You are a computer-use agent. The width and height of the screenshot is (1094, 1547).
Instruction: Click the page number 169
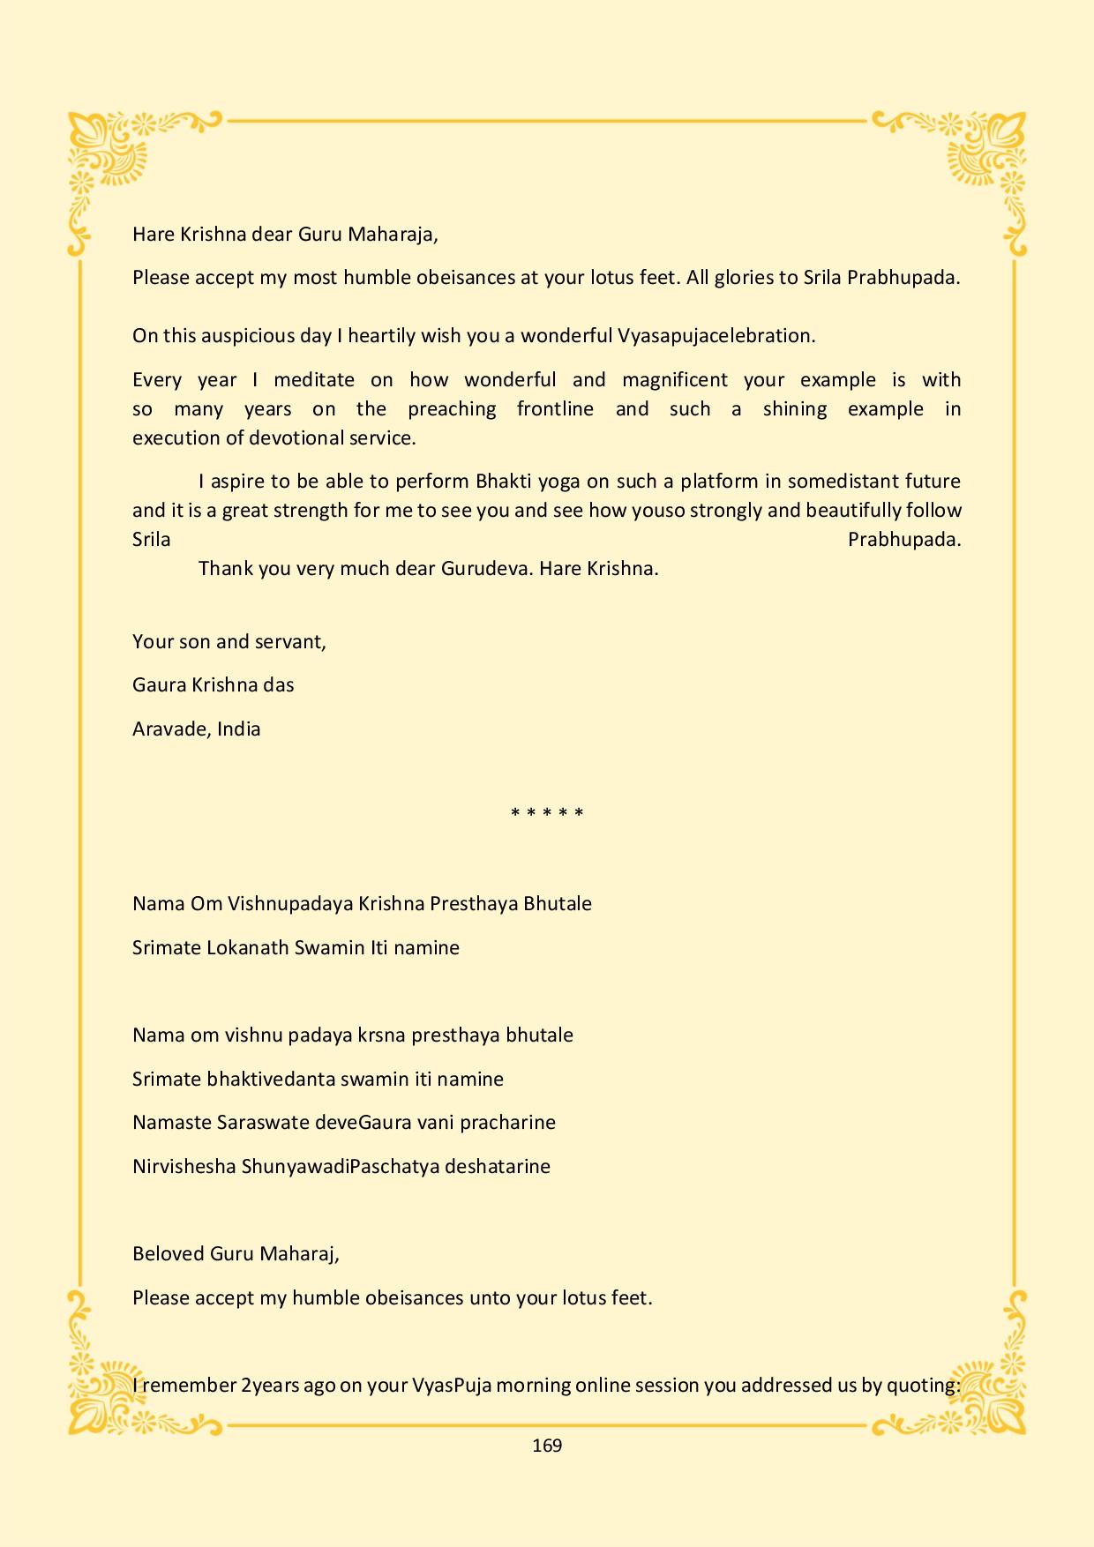(547, 1445)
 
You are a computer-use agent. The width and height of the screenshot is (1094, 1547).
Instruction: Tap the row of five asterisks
(547, 813)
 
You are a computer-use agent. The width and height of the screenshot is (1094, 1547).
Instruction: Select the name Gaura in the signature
(159, 685)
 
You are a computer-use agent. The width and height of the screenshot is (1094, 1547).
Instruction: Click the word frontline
(555, 409)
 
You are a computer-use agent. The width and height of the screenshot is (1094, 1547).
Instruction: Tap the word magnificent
(675, 380)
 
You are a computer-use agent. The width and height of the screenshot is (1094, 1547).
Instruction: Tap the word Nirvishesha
(184, 1167)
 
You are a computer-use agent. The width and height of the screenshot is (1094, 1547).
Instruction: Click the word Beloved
(168, 1254)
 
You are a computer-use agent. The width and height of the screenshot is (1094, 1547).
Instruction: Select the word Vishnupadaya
(290, 904)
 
